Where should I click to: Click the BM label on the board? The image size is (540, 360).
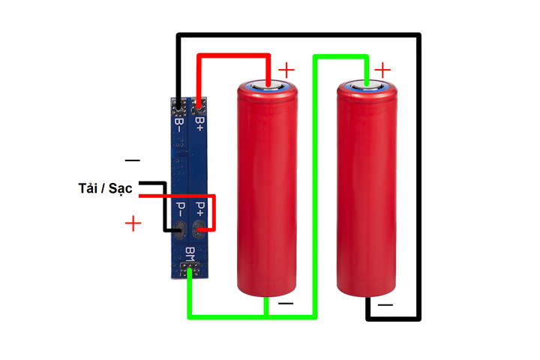point(190,253)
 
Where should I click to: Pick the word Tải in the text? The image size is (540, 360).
point(90,187)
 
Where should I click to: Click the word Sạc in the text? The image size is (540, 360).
point(120,187)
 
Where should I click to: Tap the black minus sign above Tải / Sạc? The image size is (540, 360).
point(132,160)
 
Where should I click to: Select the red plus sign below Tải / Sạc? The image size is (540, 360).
point(133,223)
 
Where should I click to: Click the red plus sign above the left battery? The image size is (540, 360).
point(286,70)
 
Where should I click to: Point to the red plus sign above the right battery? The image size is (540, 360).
point(383,70)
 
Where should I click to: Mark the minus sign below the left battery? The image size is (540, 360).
point(286,304)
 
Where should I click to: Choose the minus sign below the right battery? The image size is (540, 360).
point(385,304)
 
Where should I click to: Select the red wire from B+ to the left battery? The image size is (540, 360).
point(232,55)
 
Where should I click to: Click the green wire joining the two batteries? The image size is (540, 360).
point(315,187)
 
